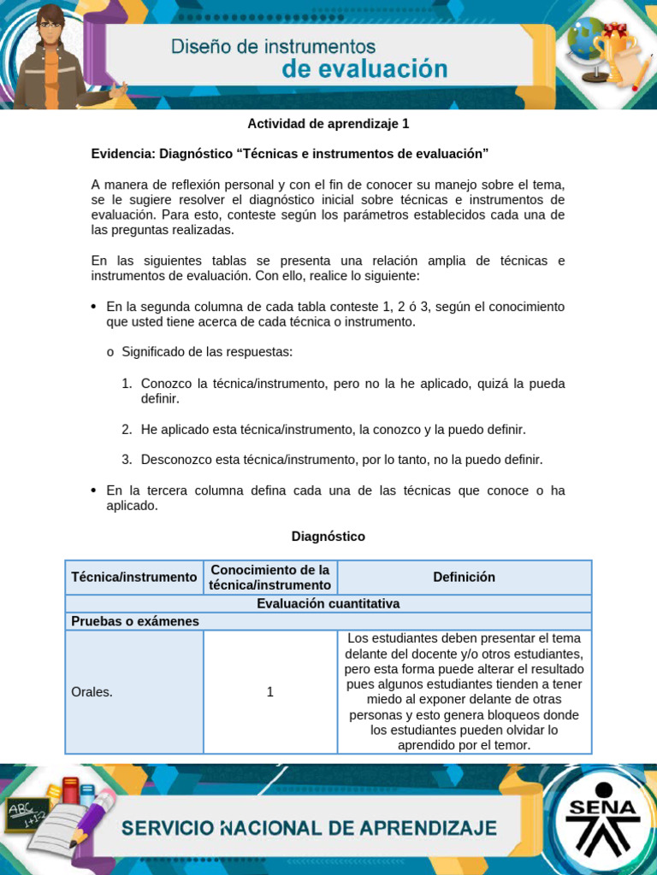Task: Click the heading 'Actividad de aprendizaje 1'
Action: [328, 123]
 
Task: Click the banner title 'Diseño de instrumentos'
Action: [273, 45]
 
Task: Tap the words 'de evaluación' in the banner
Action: [365, 70]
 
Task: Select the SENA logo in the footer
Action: [603, 820]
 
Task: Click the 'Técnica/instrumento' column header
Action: [134, 577]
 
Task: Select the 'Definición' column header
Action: [464, 577]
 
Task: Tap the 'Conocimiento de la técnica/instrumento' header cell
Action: [270, 577]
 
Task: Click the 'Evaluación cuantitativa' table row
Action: [328, 603]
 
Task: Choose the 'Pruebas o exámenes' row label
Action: [135, 621]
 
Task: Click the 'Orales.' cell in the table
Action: [92, 692]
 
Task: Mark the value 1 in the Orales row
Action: [270, 692]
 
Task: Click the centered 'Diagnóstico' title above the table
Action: [328, 537]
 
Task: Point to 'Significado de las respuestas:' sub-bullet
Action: [207, 352]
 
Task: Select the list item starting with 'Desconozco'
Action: [341, 460]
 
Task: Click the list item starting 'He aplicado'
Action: [333, 429]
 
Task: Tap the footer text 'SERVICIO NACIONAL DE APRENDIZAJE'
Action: [309, 827]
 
